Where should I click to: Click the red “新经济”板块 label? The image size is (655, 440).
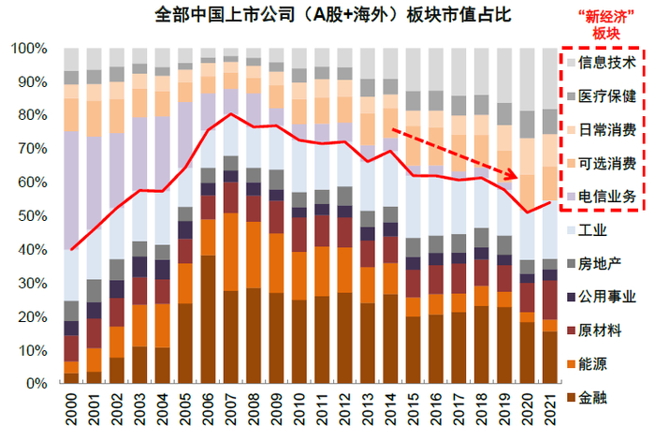[600, 24]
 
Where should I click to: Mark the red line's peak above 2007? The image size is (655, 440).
[230, 114]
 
